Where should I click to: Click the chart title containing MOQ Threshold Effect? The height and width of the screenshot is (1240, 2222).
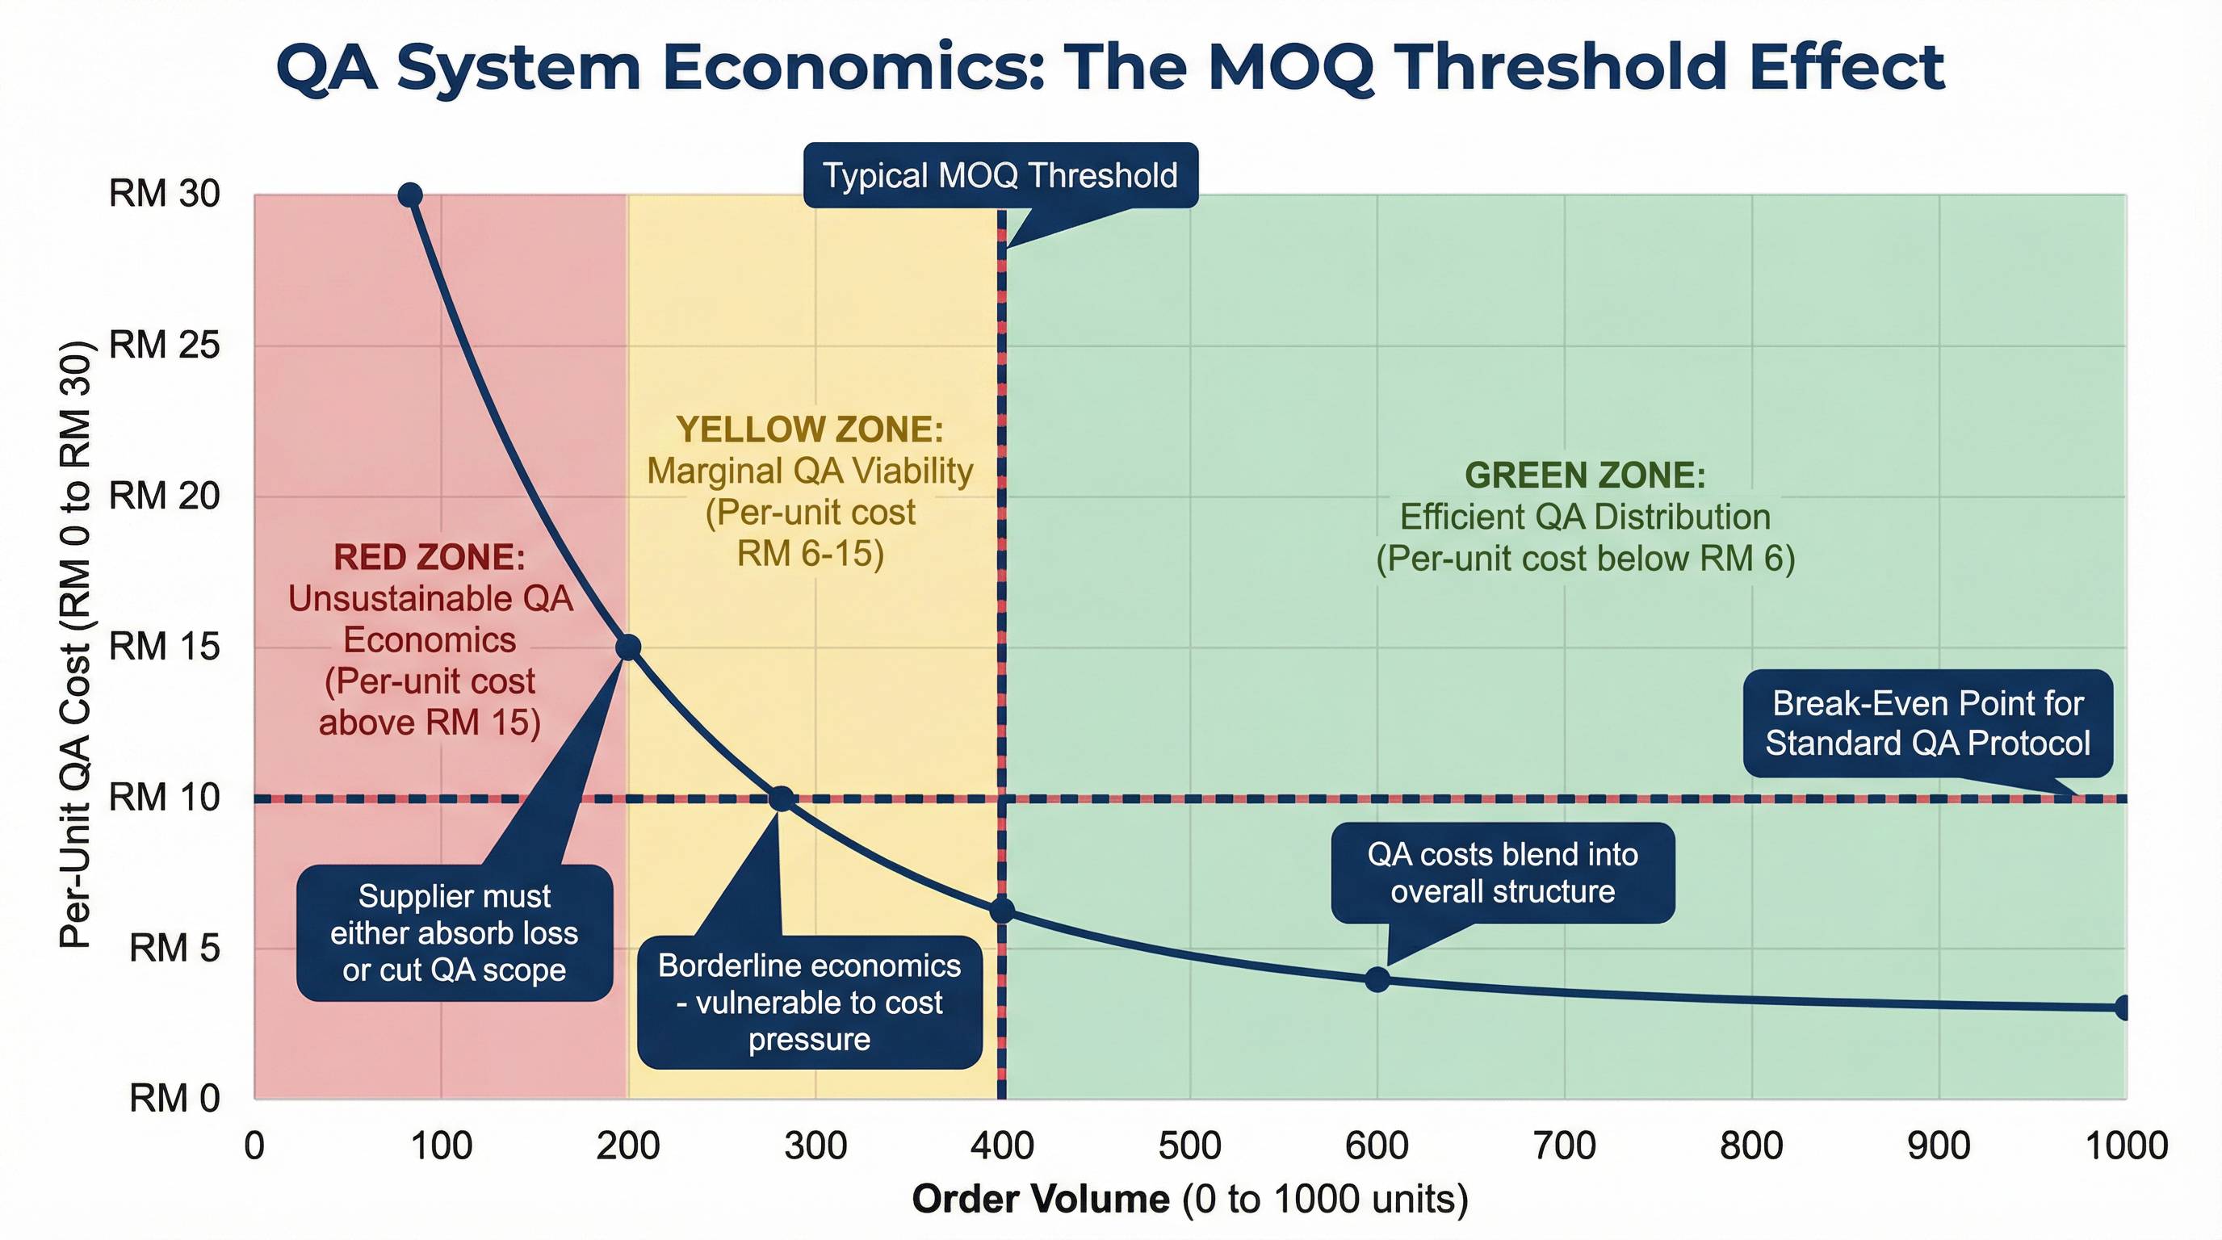[1110, 67]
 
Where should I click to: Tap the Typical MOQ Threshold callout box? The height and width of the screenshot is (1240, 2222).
[1000, 176]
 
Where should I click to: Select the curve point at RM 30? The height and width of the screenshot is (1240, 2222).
[411, 195]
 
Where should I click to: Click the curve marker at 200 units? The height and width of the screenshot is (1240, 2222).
[628, 647]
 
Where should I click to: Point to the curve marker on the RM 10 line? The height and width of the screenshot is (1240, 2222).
[781, 799]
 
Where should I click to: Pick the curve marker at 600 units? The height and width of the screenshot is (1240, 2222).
[1377, 979]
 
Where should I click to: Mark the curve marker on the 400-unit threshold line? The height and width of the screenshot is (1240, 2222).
[1001, 911]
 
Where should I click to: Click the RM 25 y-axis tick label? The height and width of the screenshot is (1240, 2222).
[164, 346]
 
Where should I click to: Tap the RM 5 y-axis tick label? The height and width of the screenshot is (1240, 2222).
[174, 949]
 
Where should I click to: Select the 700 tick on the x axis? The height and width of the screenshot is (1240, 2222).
[1564, 1146]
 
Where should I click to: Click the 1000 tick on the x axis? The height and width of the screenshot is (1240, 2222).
[2125, 1146]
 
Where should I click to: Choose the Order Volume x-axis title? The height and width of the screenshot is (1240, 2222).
[1189, 1200]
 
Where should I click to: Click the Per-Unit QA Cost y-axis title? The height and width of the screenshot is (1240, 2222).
[75, 645]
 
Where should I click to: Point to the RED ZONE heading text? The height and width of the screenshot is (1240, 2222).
[429, 558]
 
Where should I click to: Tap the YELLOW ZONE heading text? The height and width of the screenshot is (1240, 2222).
[809, 429]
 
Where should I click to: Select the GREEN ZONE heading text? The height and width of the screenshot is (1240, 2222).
[1585, 476]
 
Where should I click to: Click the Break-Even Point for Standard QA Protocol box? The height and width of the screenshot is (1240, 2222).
[1927, 723]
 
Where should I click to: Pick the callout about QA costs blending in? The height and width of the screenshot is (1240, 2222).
[1502, 873]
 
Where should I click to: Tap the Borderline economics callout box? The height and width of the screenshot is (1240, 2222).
[809, 1002]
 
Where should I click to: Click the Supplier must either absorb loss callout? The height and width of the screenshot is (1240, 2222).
[454, 933]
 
